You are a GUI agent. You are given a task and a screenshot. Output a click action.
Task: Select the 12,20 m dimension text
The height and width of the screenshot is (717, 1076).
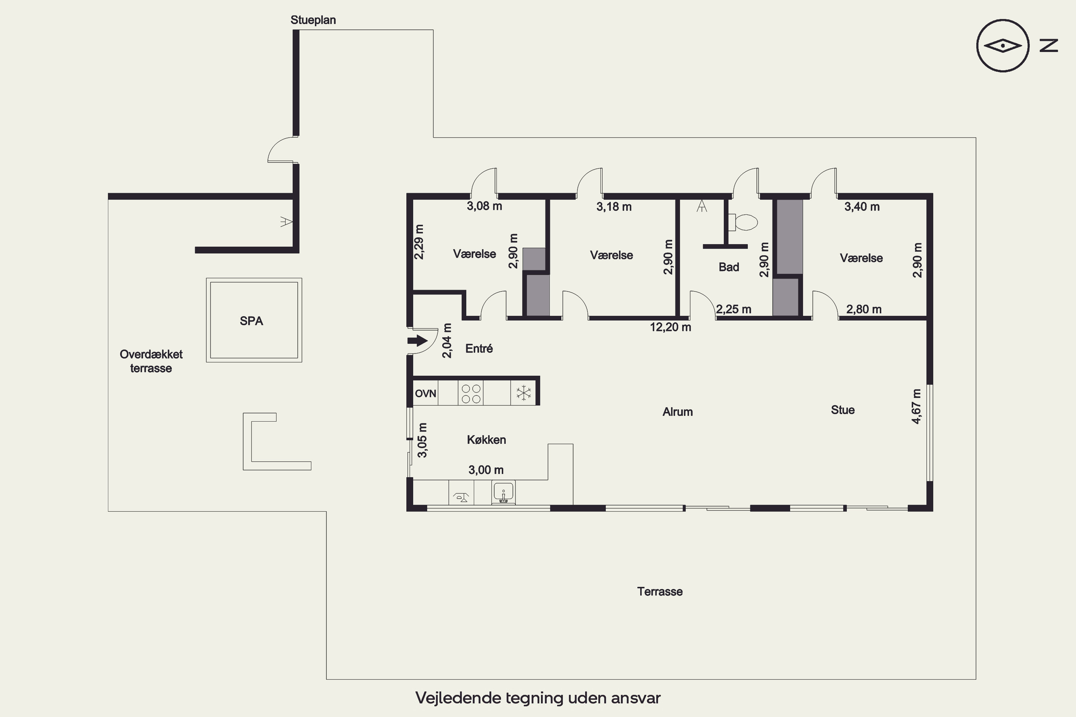point(670,327)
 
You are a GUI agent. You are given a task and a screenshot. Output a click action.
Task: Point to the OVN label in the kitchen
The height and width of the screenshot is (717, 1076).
point(425,393)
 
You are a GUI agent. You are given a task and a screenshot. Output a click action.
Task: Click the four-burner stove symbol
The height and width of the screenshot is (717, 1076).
point(471,394)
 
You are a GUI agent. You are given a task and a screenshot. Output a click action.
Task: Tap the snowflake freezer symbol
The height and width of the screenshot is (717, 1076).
point(523,393)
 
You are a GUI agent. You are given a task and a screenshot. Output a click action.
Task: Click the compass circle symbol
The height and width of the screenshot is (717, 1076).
point(1003,46)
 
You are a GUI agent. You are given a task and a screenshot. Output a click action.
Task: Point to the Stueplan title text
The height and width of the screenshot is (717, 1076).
point(313,20)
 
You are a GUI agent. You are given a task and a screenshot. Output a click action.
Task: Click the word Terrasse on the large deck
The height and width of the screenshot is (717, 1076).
point(660,592)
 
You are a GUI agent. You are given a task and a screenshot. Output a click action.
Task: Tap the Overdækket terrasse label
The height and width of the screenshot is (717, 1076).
point(151,361)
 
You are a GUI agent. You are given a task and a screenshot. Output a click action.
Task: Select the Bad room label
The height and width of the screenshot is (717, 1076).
point(729,267)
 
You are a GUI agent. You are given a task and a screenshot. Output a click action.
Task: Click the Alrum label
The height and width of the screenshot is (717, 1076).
point(678,412)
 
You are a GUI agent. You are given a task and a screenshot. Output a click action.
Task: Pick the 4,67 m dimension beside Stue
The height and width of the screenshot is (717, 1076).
point(916,407)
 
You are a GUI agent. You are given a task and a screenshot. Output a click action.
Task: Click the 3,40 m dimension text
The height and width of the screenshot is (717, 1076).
point(862,207)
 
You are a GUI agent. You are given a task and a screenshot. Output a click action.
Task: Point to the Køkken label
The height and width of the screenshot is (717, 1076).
point(486,440)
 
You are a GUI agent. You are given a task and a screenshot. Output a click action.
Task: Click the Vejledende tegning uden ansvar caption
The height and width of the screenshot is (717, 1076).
point(538,698)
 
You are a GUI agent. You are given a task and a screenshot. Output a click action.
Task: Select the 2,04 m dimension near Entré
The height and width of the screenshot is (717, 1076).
point(447,341)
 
